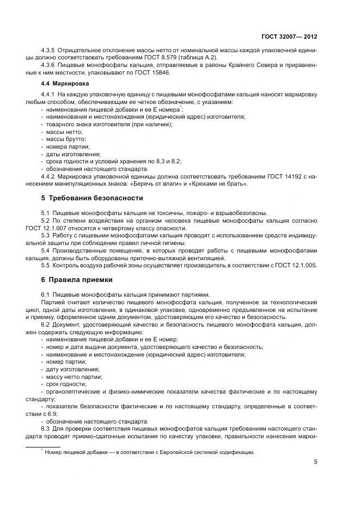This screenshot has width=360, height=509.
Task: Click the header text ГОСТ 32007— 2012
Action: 289,36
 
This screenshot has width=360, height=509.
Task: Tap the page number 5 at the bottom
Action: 315,462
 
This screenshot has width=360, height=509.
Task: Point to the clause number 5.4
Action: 46,250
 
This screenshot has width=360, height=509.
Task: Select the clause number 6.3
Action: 46,428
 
